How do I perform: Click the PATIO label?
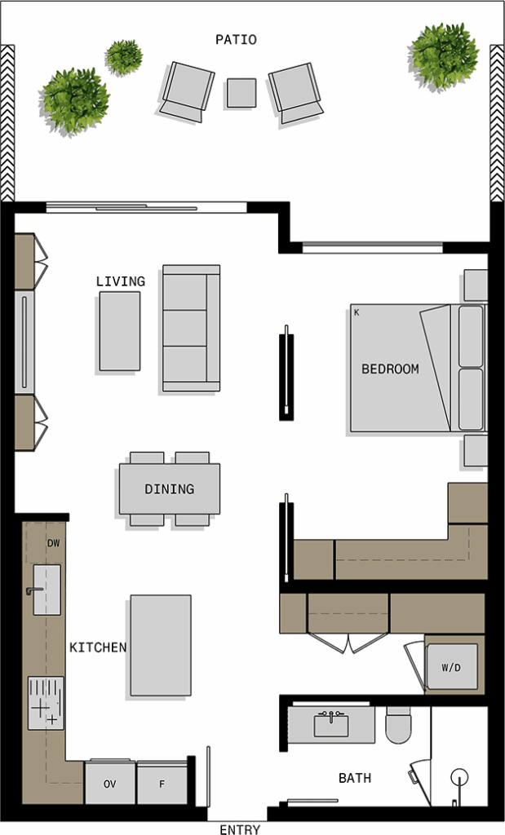coord(236,39)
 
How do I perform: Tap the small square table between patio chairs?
coord(241,93)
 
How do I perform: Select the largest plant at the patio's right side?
coord(444,56)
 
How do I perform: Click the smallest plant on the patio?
coord(123,57)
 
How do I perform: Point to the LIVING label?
coord(121,281)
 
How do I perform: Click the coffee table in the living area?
coord(120,331)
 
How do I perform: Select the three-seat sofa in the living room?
coord(191,328)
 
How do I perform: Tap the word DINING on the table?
coord(170,489)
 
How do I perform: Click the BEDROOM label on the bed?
coord(390,369)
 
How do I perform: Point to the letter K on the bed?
coord(357,312)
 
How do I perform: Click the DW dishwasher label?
coord(53,543)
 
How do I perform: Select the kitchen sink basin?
coord(47,590)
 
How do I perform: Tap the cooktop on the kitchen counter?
coord(46,703)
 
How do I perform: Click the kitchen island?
coord(161,646)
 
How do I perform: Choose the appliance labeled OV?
coord(110,784)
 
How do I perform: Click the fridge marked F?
coord(162,784)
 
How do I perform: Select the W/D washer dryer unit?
coord(451,667)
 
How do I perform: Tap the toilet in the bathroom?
coord(398,725)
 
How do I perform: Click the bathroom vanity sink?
coord(330,725)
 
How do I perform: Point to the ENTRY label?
coord(240,829)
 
